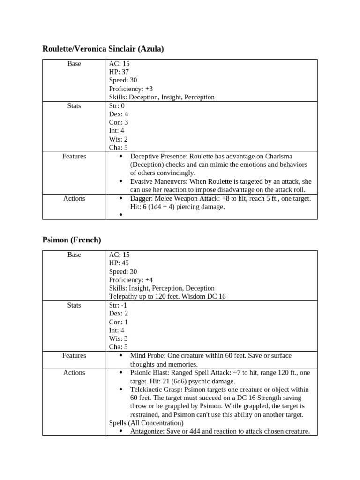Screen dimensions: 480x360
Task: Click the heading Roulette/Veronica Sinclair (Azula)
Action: click(103, 49)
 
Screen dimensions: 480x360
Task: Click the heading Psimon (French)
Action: click(72, 240)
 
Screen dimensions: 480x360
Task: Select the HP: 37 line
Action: click(119, 72)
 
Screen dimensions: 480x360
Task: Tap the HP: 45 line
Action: click(119, 263)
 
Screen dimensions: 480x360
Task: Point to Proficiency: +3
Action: click(131, 89)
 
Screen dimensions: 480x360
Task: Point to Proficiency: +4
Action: click(131, 280)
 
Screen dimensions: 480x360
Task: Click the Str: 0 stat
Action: click(117, 106)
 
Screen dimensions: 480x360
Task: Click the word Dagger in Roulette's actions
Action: click(140, 198)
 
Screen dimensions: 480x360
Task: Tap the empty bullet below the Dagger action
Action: click(121, 215)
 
